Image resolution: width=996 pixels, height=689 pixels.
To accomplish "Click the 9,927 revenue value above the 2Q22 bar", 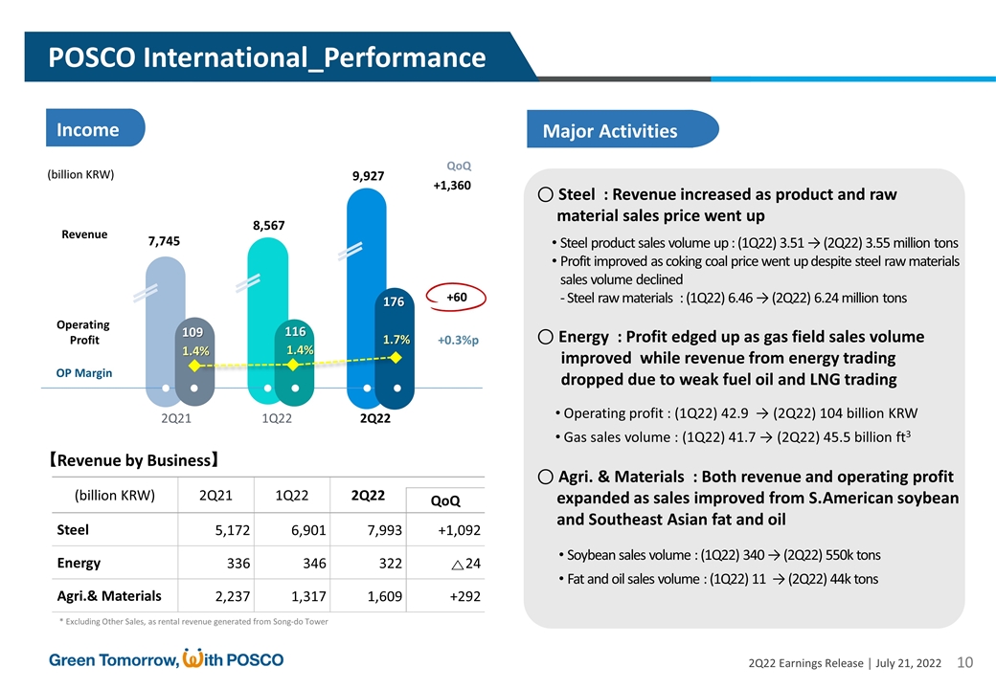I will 369,176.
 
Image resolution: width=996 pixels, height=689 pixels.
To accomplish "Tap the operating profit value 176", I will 394,302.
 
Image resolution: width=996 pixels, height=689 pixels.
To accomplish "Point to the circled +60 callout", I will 456,298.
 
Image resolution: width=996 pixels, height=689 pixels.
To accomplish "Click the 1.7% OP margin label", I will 396,340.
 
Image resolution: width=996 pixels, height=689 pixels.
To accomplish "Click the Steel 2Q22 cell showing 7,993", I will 382,530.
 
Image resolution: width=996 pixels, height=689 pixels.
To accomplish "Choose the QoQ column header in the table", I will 445,500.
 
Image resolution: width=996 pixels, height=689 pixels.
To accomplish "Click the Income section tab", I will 88,130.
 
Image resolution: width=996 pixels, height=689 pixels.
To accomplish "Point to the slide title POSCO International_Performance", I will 267,57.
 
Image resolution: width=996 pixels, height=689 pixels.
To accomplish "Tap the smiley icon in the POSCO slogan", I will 192,658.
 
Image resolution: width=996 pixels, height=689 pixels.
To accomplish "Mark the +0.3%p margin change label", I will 458,340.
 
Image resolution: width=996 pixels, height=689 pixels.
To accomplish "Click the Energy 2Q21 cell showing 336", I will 236,563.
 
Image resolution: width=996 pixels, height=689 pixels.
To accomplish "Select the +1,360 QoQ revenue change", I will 452,186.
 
